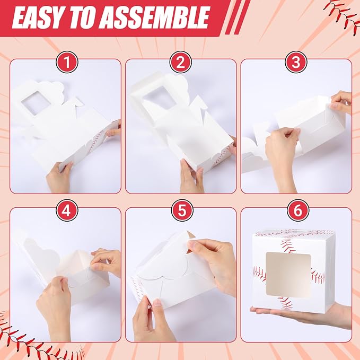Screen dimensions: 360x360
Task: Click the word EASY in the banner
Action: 37,17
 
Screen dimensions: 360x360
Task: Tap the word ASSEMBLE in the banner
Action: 152,17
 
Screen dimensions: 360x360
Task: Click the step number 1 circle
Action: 67,62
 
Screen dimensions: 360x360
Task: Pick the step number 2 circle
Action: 181,62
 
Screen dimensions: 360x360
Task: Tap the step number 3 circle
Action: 296,62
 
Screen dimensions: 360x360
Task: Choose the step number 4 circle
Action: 67,210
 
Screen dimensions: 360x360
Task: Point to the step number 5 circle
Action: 182,210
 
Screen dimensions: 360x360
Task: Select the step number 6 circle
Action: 298,210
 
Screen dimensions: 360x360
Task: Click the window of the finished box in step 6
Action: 288,275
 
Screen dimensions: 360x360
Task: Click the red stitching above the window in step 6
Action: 287,246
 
